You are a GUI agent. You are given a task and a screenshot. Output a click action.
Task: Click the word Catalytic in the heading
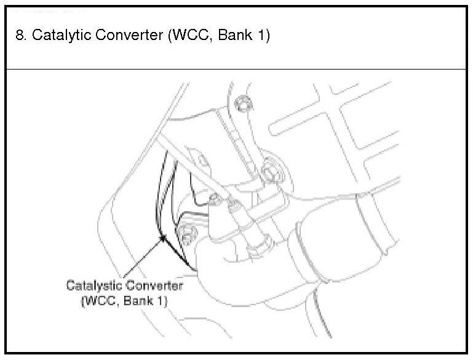pos(58,36)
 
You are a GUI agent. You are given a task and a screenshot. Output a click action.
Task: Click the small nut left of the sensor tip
pos(213,198)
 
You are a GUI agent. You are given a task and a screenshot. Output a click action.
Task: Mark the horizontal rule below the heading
pos(236,69)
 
